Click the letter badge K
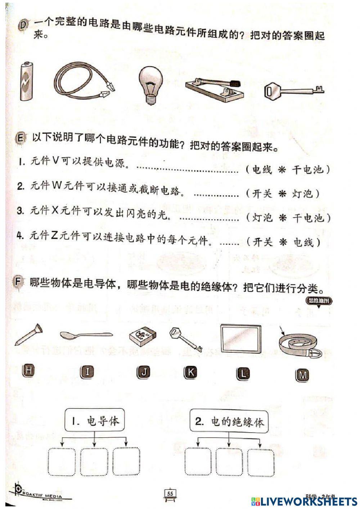click(x=190, y=372)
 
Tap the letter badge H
click(x=29, y=370)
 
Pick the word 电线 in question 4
click(x=303, y=242)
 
